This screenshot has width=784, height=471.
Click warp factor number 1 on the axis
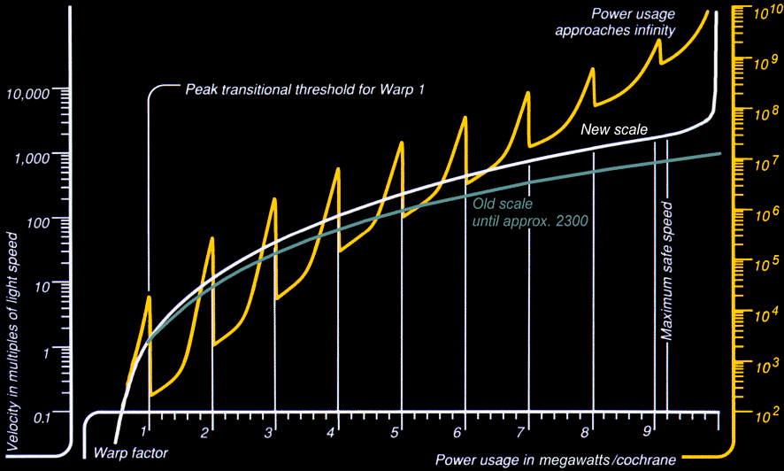tap(144, 431)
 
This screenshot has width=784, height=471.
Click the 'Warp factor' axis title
tap(130, 452)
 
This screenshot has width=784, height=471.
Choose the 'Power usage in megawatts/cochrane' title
tap(555, 460)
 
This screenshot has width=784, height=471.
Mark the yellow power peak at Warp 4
tap(338, 168)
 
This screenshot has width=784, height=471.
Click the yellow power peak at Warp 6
tap(465, 117)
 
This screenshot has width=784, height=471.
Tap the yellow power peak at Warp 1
tap(148, 297)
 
